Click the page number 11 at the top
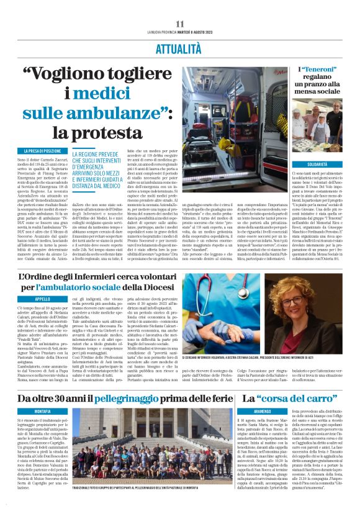180,24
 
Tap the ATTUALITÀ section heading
180,50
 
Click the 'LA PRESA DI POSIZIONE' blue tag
43,151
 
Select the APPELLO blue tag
43,299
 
